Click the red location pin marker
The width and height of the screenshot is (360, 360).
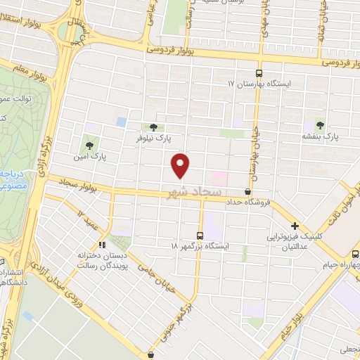[x=181, y=165]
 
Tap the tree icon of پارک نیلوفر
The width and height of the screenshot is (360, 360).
[x=153, y=127]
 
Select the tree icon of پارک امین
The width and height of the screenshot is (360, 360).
[x=89, y=146]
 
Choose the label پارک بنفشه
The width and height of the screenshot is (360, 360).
[x=321, y=135]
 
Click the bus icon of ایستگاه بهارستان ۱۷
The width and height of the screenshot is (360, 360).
[x=259, y=73]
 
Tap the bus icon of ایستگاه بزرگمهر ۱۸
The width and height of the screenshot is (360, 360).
[x=200, y=236]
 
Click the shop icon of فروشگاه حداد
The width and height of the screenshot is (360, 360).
[x=247, y=191]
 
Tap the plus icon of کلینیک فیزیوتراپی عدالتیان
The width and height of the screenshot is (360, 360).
[x=295, y=226]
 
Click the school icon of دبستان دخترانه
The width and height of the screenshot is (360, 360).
[x=103, y=245]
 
